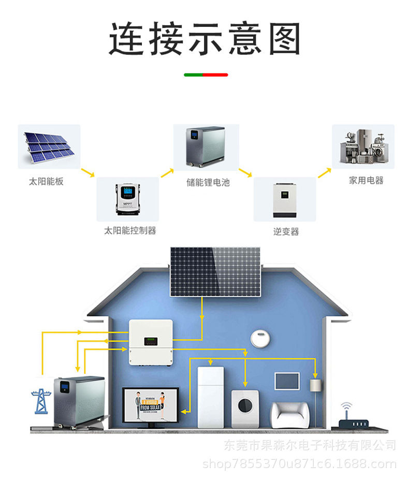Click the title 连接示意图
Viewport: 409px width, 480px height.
coord(204,39)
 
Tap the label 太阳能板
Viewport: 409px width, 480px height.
coord(46,182)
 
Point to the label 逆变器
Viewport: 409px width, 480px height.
coord(286,231)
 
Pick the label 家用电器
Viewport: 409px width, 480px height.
coord(366,181)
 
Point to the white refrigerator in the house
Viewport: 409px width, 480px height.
coord(211,397)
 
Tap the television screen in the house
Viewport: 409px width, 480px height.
coord(150,406)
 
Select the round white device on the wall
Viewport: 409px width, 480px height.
coord(260,338)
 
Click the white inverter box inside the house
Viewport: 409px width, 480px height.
coord(150,342)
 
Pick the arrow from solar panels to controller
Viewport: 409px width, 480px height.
coord(88,172)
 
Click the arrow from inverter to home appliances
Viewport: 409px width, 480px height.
coord(324,172)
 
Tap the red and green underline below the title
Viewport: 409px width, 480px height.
coord(206,75)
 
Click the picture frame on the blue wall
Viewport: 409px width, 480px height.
coord(287,381)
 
